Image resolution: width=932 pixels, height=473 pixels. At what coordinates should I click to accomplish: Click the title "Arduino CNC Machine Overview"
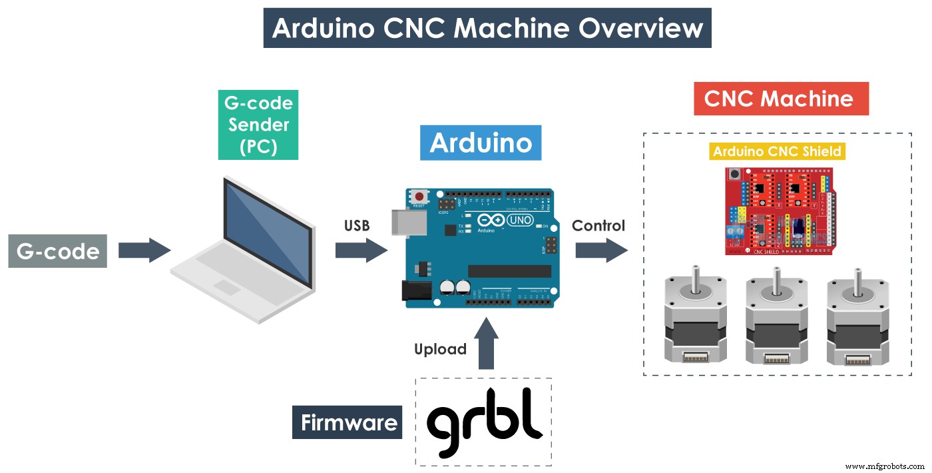tap(487, 28)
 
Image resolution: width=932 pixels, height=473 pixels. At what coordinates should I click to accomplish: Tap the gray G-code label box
tap(57, 251)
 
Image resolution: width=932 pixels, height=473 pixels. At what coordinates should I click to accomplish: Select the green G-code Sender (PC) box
tap(258, 125)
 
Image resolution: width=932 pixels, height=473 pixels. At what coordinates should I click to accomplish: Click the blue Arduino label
tap(480, 143)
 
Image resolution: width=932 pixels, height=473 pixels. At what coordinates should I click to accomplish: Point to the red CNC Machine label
tap(781, 99)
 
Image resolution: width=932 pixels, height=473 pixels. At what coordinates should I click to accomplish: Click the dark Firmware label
tap(348, 422)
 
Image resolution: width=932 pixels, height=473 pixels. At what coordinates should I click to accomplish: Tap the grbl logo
tap(484, 422)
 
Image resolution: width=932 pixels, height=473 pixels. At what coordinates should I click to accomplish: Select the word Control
tap(598, 226)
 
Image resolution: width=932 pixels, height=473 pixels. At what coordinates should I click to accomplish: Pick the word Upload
tap(440, 349)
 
